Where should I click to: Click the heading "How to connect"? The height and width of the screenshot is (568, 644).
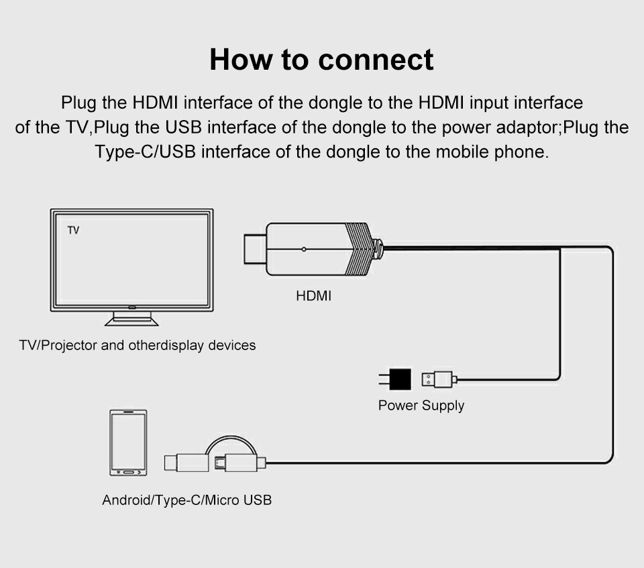(x=321, y=59)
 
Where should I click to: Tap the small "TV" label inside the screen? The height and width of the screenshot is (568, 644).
(x=74, y=231)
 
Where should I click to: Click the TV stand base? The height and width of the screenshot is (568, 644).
(x=131, y=321)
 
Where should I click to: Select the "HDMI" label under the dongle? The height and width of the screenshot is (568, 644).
(x=313, y=296)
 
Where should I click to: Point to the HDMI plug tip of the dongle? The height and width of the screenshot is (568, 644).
(x=253, y=249)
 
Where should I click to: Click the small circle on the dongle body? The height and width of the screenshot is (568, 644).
(x=304, y=249)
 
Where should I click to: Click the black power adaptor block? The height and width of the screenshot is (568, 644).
(x=400, y=380)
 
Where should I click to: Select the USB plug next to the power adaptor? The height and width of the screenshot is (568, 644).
(x=437, y=380)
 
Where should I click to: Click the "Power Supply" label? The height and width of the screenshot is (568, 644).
(x=421, y=406)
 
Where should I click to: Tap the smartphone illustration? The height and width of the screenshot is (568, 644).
(x=127, y=443)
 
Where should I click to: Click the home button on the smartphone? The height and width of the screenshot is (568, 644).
(x=127, y=471)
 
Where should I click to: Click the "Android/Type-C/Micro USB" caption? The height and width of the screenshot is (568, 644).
(x=186, y=500)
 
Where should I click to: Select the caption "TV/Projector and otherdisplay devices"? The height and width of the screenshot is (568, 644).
(x=138, y=346)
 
